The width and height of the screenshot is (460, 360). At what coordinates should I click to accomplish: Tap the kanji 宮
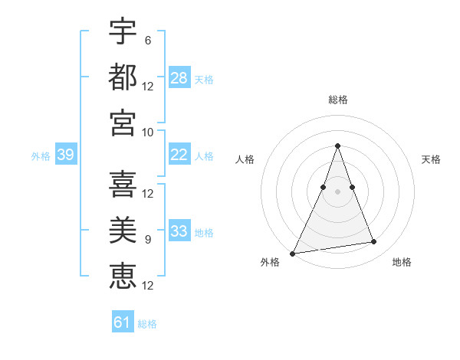(x=123, y=123)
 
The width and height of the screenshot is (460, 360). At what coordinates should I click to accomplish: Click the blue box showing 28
(x=179, y=78)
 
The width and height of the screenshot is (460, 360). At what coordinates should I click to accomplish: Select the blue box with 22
(x=179, y=155)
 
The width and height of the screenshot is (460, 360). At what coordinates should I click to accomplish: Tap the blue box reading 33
(x=179, y=231)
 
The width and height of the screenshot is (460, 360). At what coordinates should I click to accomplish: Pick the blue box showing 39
(x=65, y=155)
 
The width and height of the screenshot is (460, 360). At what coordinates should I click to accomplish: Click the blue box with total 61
(x=123, y=322)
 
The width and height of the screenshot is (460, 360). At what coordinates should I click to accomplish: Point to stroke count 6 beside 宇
(x=147, y=40)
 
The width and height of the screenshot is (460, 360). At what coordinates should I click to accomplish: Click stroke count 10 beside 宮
(x=148, y=132)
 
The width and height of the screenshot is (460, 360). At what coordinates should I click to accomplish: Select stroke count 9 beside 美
(x=147, y=239)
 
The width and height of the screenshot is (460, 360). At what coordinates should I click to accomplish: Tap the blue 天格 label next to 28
(x=204, y=79)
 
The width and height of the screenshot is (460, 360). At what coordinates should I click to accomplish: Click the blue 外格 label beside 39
(x=41, y=155)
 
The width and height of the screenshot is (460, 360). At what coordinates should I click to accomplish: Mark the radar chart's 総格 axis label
(x=337, y=100)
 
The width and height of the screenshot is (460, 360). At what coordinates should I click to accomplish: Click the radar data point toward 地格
(x=374, y=242)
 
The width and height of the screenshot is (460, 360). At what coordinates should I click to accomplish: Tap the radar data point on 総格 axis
(x=337, y=146)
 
